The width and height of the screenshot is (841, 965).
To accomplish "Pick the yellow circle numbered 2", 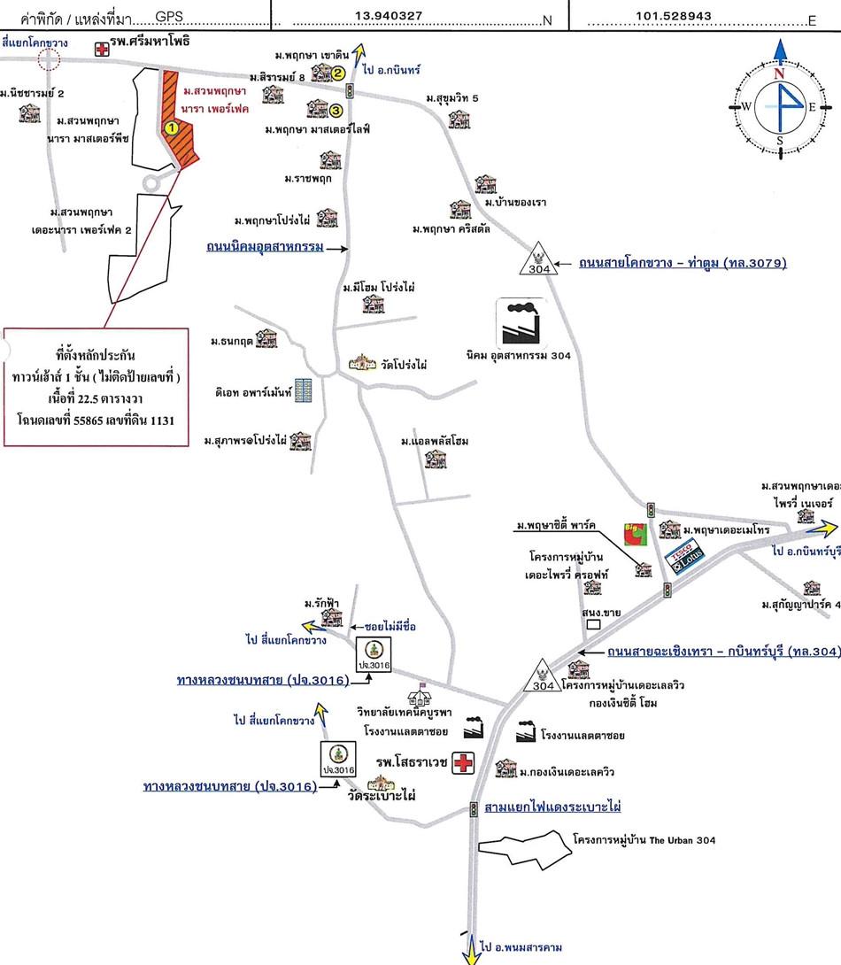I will pyautogui.click(x=338, y=73).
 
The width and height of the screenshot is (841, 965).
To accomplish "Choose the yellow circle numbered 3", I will pyautogui.click(x=336, y=110).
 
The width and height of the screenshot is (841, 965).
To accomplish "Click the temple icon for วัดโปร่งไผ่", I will pyautogui.click(x=364, y=363).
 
